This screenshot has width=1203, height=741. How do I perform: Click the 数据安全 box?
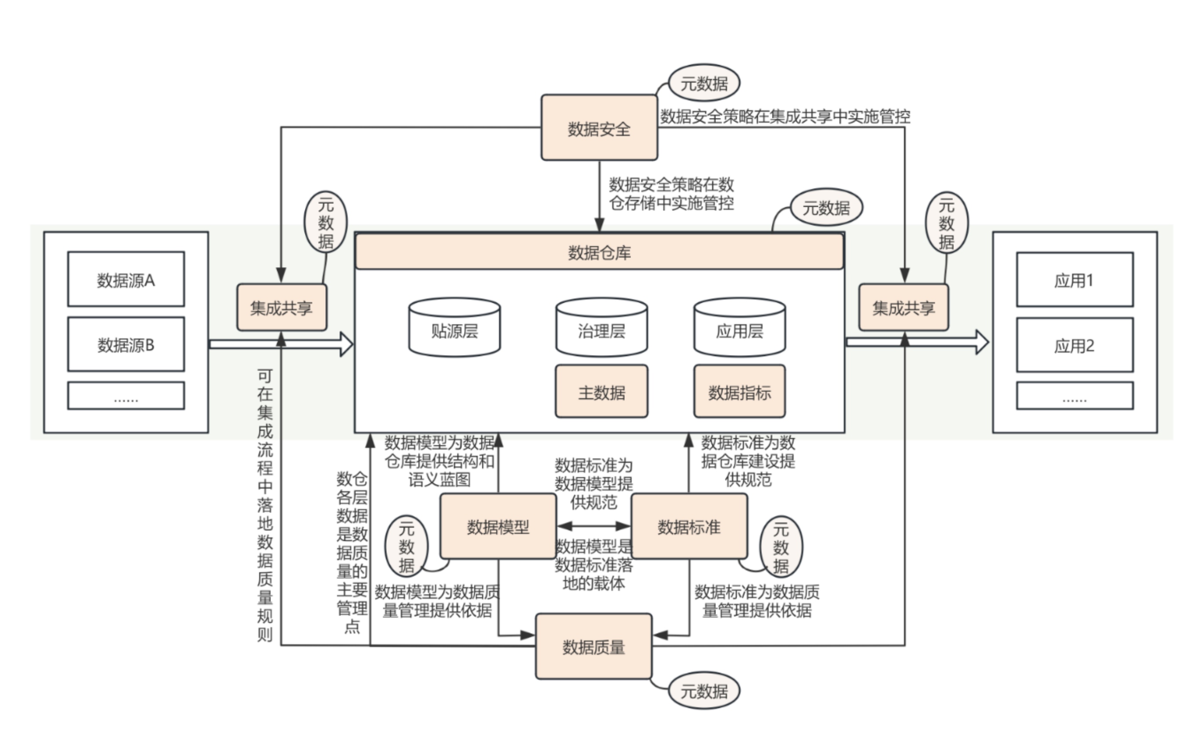[599, 128]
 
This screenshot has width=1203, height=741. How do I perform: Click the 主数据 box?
[601, 392]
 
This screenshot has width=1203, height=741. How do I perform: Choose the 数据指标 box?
[739, 392]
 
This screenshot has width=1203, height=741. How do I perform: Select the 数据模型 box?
[498, 526]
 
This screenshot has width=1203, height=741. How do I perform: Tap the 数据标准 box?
[689, 526]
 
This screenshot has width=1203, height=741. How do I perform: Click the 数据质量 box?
[594, 646]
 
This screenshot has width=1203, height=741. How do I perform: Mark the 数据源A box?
[126, 279]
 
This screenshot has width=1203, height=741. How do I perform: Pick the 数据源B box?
[126, 345]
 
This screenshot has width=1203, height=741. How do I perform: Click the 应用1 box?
[1075, 280]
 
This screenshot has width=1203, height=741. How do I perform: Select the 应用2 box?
[1075, 345]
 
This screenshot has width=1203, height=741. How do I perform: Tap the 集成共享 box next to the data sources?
[281, 307]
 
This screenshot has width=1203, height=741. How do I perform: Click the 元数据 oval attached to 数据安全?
[704, 83]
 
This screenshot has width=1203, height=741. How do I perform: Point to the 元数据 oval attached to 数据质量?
[704, 690]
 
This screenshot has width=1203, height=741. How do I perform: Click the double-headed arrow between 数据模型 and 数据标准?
[594, 526]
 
